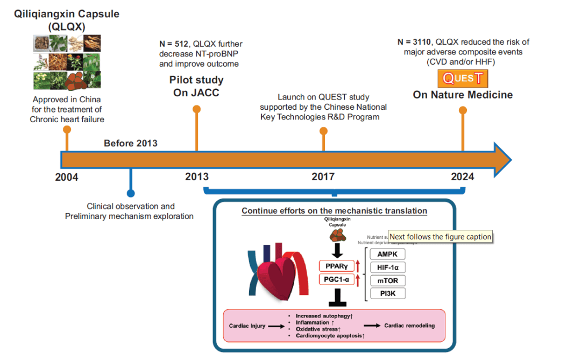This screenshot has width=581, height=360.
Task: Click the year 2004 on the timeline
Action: click(66, 177)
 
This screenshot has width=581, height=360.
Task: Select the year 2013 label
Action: click(197, 177)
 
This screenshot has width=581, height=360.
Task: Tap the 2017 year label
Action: click(323, 177)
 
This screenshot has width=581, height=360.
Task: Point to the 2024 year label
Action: click(463, 177)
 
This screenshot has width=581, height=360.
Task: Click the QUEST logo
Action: click(462, 79)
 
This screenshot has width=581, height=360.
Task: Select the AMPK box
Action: click(387, 255)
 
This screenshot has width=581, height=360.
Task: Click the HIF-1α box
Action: click(387, 267)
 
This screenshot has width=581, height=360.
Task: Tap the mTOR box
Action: click(387, 280)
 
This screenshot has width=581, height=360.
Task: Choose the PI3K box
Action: click(387, 293)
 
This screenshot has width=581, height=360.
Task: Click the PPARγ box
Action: click(337, 266)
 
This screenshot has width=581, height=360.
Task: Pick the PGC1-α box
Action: click(337, 279)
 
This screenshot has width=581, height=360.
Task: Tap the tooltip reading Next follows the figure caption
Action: click(440, 237)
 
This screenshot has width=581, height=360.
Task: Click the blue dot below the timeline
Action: click(130, 193)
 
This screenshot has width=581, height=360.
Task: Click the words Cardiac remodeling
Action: click(409, 326)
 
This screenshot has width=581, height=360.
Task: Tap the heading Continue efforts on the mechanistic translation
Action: click(334, 211)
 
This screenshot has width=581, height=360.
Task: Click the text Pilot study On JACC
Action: click(196, 86)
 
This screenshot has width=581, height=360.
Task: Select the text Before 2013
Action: click(131, 143)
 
